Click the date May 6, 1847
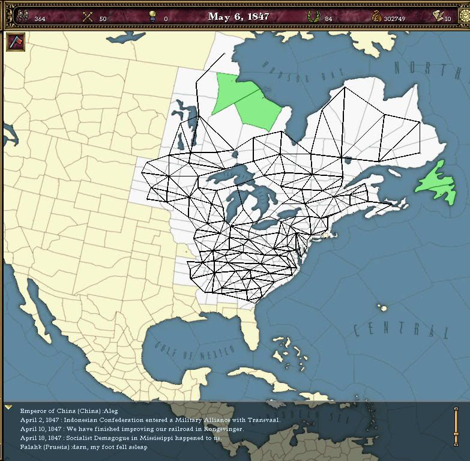click(238, 16)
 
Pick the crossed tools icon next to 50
click(88, 17)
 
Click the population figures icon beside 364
click(22, 17)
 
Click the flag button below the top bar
click(15, 42)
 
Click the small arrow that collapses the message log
click(8, 408)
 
